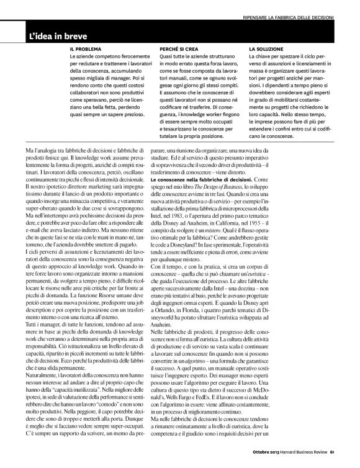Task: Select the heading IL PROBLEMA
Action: click(87, 48)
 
